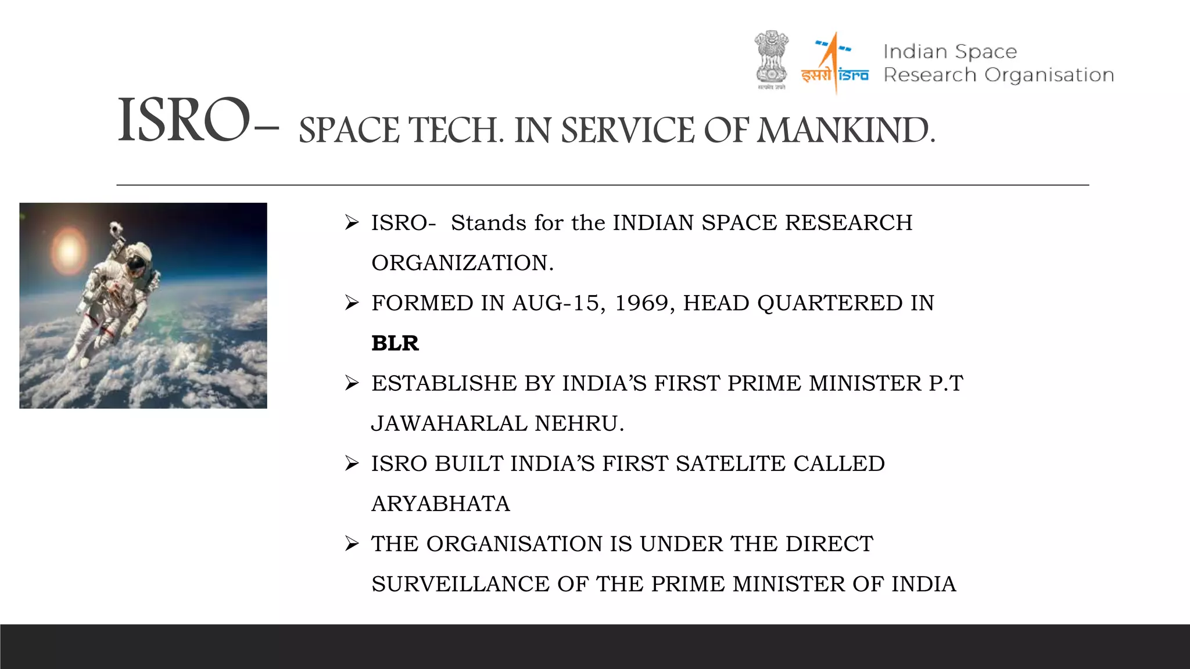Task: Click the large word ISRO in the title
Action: (x=185, y=121)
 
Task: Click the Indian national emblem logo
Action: (x=771, y=60)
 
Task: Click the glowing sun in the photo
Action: (x=69, y=250)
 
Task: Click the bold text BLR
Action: (x=395, y=343)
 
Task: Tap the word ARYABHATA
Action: (x=440, y=503)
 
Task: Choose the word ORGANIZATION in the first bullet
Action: (x=462, y=263)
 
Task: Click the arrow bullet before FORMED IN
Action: (x=352, y=303)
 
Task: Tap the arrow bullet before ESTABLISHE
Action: (x=352, y=383)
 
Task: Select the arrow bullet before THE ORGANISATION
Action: (x=352, y=544)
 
